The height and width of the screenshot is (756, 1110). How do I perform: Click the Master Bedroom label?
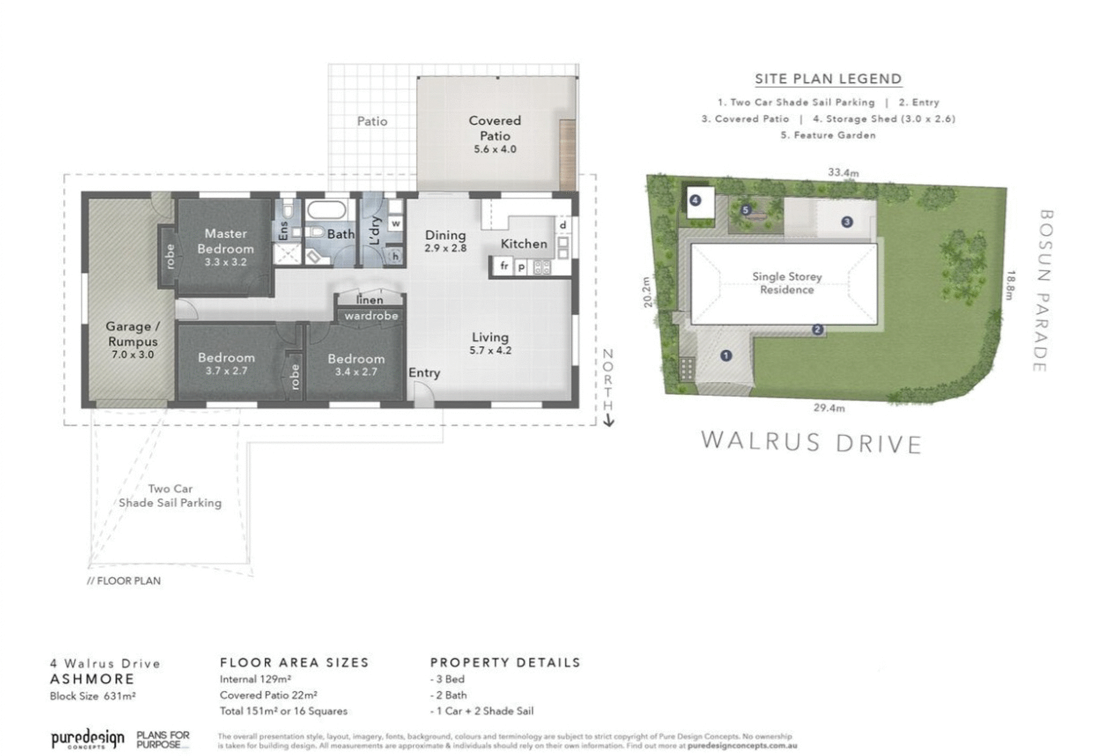click(x=225, y=241)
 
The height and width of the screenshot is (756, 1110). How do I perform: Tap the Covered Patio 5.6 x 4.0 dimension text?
click(x=495, y=149)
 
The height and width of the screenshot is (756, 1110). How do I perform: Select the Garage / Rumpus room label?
click(x=132, y=333)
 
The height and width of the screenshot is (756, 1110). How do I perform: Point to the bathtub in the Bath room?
click(x=326, y=210)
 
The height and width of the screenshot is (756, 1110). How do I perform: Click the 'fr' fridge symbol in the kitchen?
click(x=504, y=266)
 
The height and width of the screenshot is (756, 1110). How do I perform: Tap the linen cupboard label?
click(x=370, y=300)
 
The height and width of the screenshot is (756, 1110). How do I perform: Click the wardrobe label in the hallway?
click(x=371, y=316)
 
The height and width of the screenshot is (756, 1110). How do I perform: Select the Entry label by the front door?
click(x=424, y=373)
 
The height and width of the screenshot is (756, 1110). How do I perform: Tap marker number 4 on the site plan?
click(x=695, y=201)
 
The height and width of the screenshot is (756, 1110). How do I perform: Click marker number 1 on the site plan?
click(x=726, y=355)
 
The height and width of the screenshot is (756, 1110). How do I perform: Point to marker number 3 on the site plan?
click(x=847, y=221)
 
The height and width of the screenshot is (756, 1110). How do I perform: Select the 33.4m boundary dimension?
click(x=843, y=172)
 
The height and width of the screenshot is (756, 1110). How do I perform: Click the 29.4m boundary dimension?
click(x=829, y=407)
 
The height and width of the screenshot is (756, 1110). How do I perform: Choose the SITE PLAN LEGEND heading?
click(x=828, y=79)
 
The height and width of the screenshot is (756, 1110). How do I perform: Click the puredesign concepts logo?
click(x=87, y=739)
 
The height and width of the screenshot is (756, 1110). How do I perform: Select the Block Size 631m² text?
click(x=92, y=696)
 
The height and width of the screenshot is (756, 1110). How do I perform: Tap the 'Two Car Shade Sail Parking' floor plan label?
click(x=170, y=495)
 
